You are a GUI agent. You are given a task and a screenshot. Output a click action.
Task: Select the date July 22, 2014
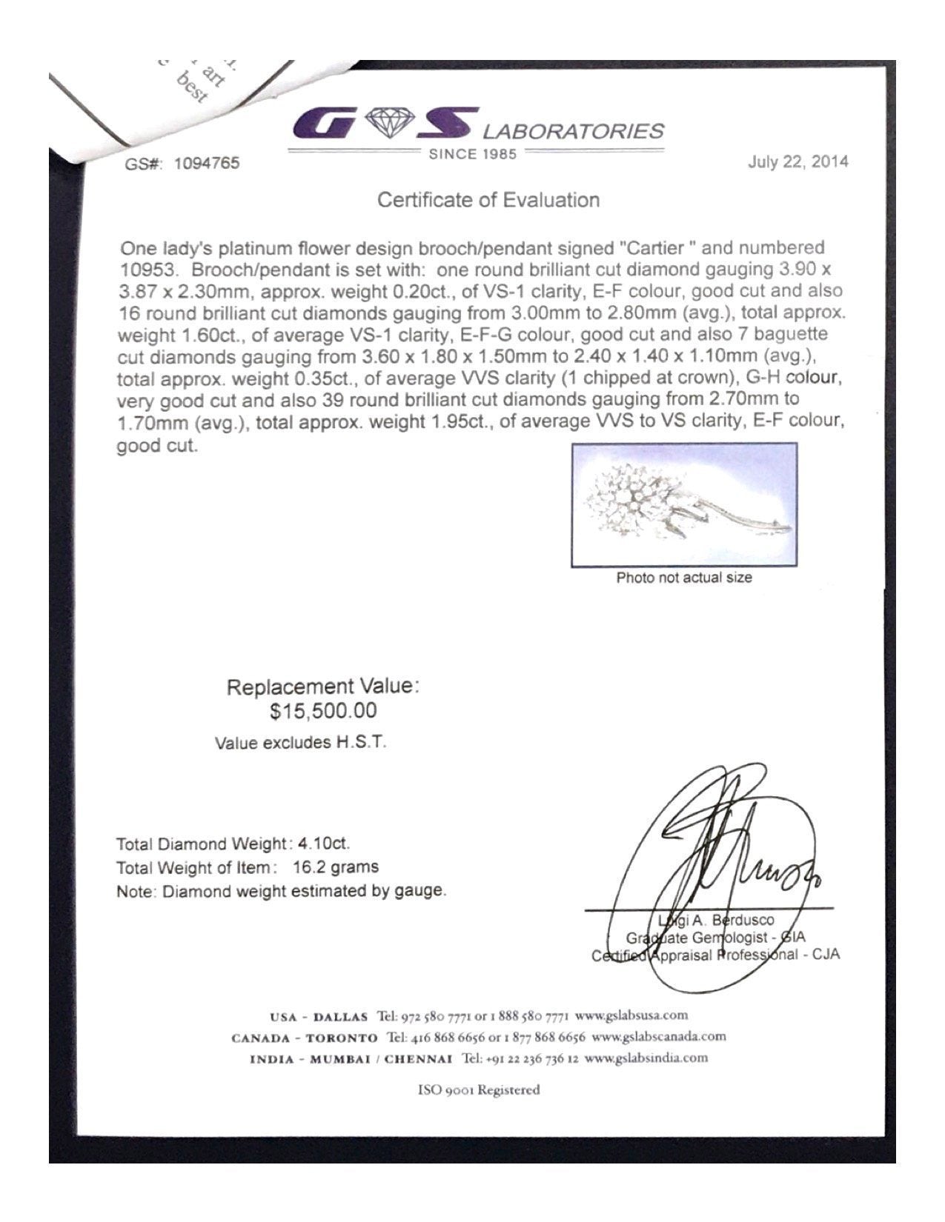(798, 161)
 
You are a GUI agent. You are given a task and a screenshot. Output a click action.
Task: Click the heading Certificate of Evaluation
(488, 200)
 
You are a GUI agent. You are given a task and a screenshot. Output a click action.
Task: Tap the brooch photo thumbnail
(684, 505)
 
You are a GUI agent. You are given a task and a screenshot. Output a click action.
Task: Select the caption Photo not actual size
(683, 578)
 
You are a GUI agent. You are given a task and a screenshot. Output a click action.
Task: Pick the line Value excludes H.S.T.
(300, 742)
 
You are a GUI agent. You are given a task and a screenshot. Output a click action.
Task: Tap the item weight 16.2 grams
(336, 867)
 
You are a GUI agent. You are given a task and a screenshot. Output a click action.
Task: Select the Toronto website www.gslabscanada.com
(659, 1036)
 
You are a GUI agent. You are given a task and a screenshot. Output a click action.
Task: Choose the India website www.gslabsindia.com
(646, 1058)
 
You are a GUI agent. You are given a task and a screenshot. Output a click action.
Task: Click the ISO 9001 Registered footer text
(479, 1089)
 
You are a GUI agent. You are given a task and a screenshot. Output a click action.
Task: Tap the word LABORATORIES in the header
(574, 131)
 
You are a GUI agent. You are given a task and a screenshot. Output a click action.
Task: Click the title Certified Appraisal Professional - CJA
(715, 955)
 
